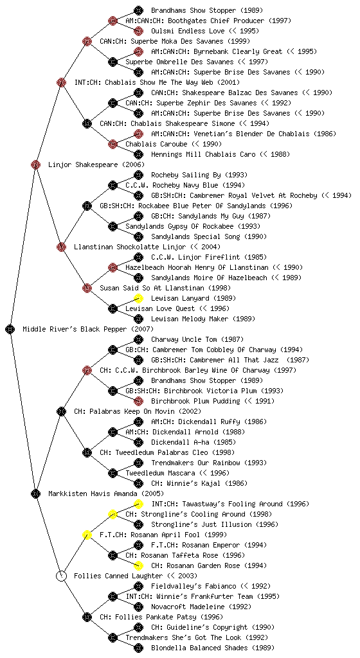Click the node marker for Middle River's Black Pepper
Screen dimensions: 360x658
[10, 329]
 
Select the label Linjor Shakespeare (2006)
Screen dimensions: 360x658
[96, 164]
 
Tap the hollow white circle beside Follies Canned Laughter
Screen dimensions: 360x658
[61, 576]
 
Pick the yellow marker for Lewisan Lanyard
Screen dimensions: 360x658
[138, 298]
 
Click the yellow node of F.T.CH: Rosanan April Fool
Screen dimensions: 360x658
[87, 535]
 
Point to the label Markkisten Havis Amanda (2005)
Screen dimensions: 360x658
[105, 493]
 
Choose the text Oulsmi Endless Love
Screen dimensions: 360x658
[189, 31]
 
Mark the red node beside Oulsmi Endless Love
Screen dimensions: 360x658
[138, 31]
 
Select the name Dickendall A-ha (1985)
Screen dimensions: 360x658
[194, 442]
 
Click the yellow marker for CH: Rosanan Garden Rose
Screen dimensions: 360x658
[138, 565]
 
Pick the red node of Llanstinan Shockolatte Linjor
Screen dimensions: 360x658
[61, 247]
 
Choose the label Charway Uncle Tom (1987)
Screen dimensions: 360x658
[197, 339]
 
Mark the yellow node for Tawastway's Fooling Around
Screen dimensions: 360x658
[138, 504]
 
